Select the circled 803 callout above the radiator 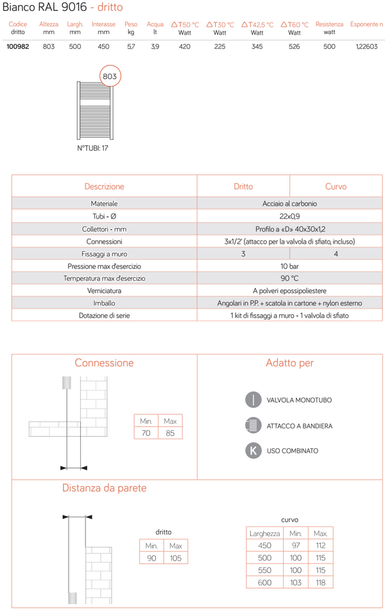(x=110, y=76)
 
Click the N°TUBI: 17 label (x=92, y=147)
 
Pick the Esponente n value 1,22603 (x=367, y=47)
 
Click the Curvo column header (x=336, y=187)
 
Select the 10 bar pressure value (x=289, y=266)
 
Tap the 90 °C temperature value (x=289, y=278)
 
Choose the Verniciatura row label (x=104, y=291)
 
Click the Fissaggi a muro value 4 (x=336, y=254)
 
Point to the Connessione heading (x=104, y=363)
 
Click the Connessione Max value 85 (x=170, y=434)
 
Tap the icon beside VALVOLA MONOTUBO (x=253, y=400)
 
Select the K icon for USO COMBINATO (x=253, y=450)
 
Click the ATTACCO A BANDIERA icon (x=253, y=425)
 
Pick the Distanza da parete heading (x=104, y=488)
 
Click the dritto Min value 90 (x=151, y=558)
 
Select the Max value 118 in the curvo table (x=320, y=582)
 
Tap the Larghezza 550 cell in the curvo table (x=264, y=570)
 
